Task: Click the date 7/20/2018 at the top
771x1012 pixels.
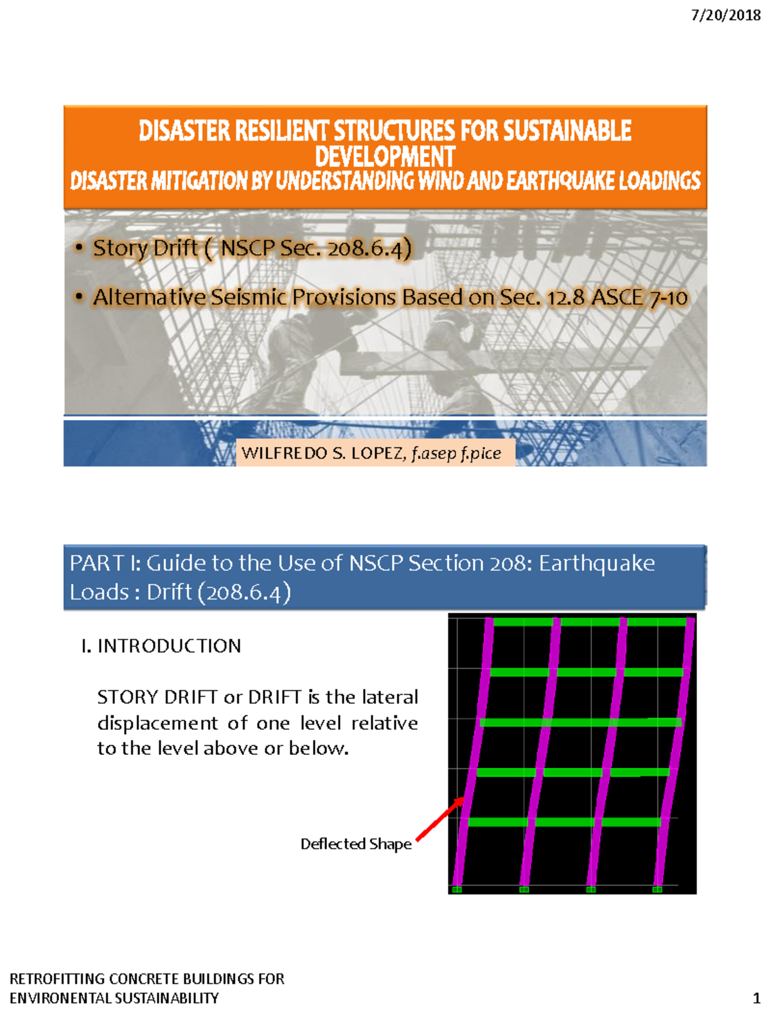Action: coord(725,15)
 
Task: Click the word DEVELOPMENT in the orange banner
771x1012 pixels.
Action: coord(385,157)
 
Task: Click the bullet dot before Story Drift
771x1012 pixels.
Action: coord(79,247)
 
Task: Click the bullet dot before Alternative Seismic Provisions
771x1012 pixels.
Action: coord(79,297)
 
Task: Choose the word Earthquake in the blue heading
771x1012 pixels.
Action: coord(596,564)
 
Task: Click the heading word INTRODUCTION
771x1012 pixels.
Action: coord(169,646)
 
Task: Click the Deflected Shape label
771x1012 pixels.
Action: coord(356,844)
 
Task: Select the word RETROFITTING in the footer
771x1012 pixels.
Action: coord(57,979)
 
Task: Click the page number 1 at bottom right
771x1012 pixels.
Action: coord(756,998)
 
